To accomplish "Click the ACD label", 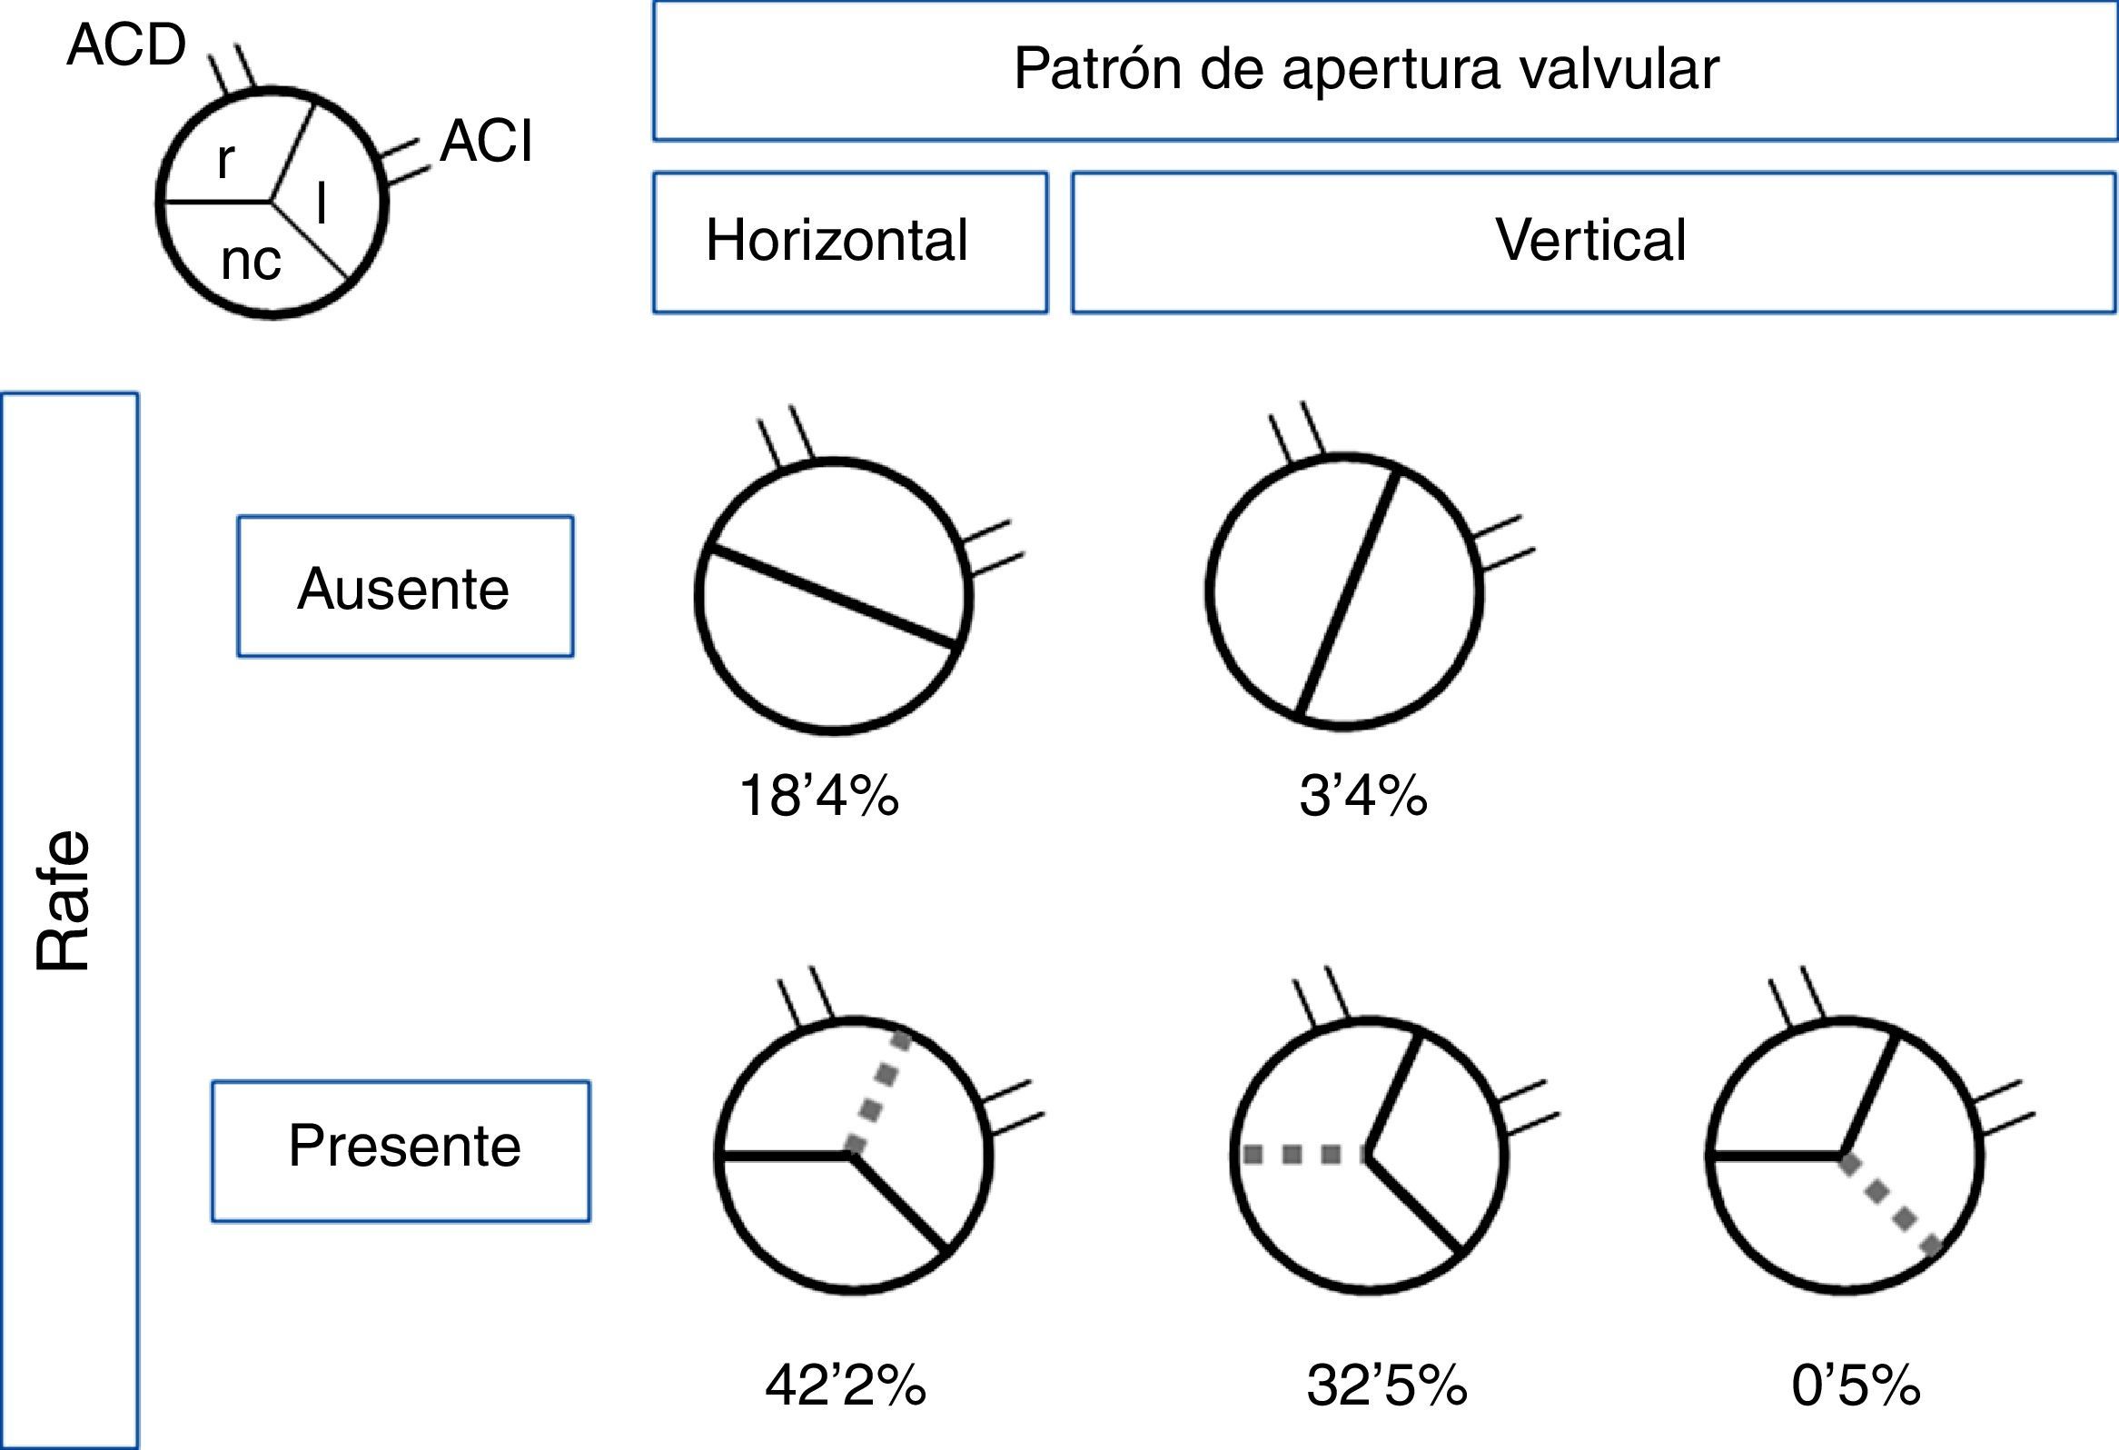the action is pyautogui.click(x=126, y=45).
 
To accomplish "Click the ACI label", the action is pyautogui.click(x=486, y=143).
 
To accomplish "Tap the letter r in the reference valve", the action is pyautogui.click(x=225, y=161).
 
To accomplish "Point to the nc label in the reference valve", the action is pyautogui.click(x=251, y=261).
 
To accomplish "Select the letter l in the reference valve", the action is pyautogui.click(x=321, y=203).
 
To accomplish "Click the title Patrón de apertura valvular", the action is pyautogui.click(x=1366, y=68).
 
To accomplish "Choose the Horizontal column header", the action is pyautogui.click(x=837, y=241).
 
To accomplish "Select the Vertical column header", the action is pyautogui.click(x=1590, y=241).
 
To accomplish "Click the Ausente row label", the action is pyautogui.click(x=403, y=588).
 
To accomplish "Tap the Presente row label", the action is pyautogui.click(x=404, y=1146).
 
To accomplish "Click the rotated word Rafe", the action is pyautogui.click(x=64, y=901).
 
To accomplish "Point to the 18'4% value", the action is pyautogui.click(x=818, y=795).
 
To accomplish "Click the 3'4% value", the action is pyautogui.click(x=1362, y=795).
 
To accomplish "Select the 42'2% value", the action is pyautogui.click(x=846, y=1385).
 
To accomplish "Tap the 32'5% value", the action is pyautogui.click(x=1387, y=1385).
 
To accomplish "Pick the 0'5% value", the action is pyautogui.click(x=1856, y=1385).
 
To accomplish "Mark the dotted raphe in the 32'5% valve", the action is pyautogui.click(x=1304, y=1156).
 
